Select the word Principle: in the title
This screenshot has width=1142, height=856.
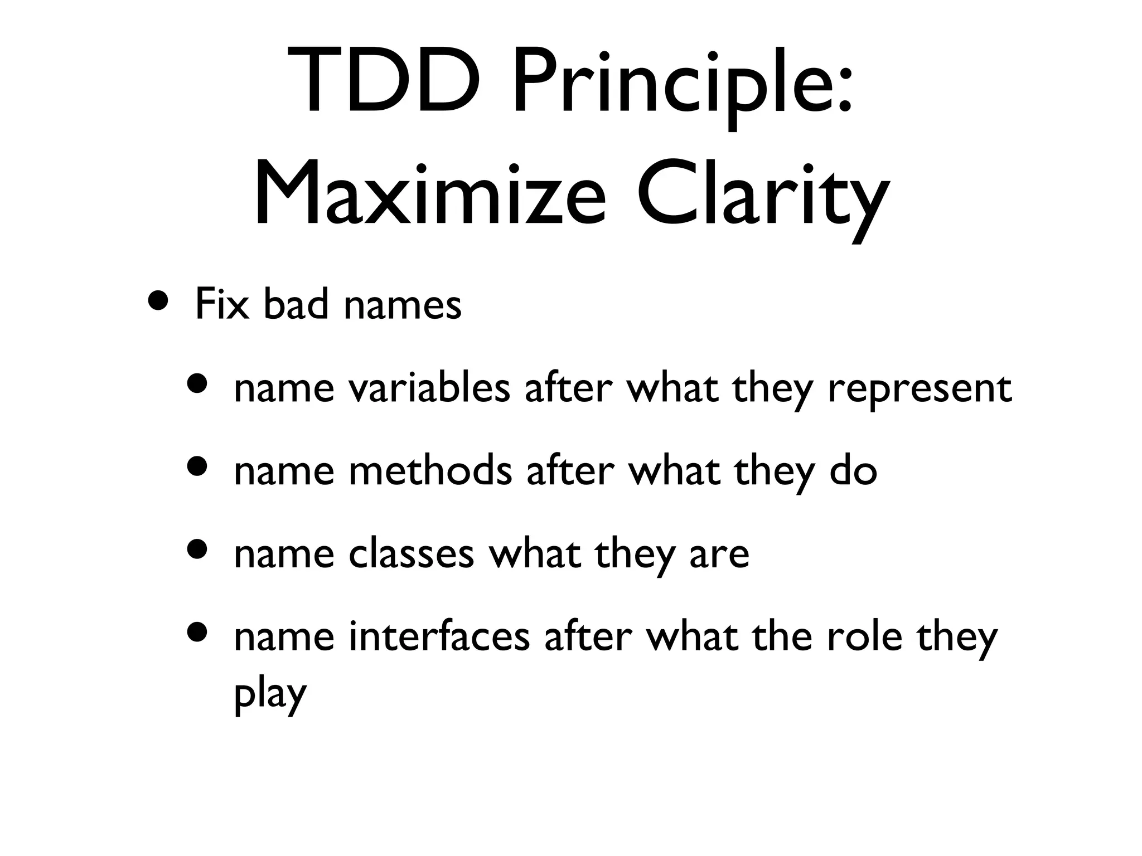(x=683, y=84)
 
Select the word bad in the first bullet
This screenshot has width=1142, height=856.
(x=296, y=305)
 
